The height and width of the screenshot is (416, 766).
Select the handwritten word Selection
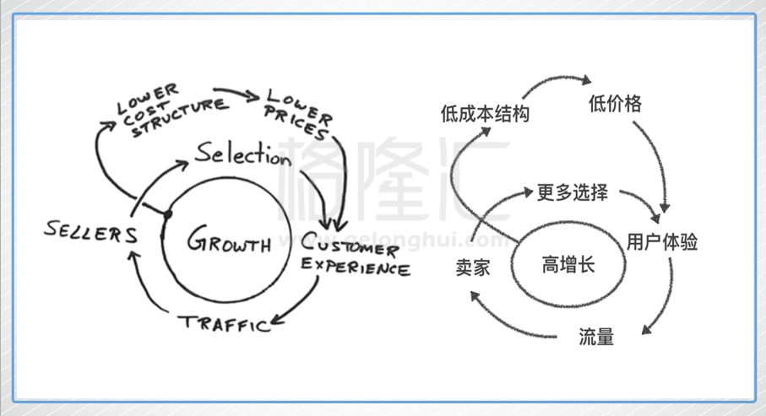coord(242,154)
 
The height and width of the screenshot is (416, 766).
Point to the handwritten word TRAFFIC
coord(224,322)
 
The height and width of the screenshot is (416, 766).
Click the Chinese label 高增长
coord(568,265)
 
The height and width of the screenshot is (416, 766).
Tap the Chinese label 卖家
coord(472,267)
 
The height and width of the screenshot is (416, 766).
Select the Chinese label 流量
coord(596,338)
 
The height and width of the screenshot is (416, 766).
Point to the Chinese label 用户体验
coord(662,242)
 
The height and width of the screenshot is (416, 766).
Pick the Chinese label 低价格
coord(614,104)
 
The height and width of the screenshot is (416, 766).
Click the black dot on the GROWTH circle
coord(167,215)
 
